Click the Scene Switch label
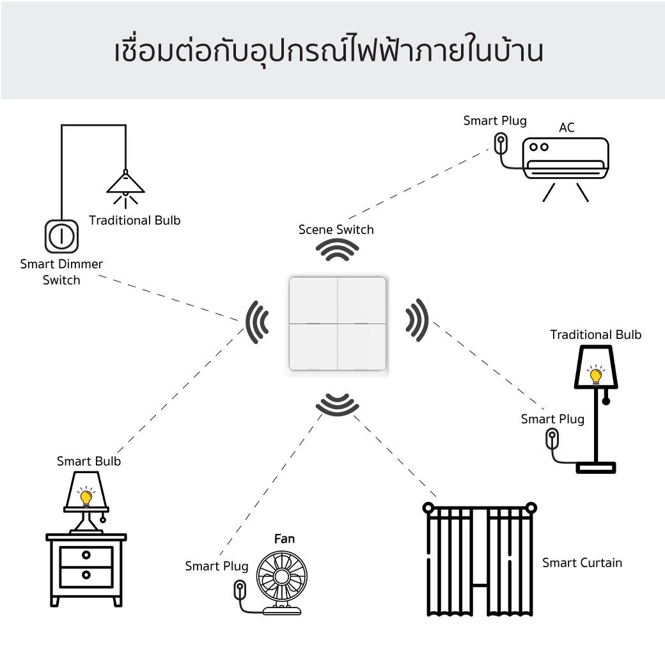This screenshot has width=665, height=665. coord(336,230)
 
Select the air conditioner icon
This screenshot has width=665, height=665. coord(565,159)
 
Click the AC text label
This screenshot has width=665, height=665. coord(567,128)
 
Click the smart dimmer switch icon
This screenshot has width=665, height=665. coord(61,237)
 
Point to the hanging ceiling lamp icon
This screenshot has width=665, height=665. coord(125,184)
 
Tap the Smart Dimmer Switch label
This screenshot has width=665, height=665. coord(61,272)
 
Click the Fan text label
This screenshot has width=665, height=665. coord(285,539)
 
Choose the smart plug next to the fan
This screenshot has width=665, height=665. coord(239,589)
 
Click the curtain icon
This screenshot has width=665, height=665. coord(479,559)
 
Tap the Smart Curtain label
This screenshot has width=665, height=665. coord(582,563)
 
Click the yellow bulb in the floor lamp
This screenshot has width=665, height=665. coord(596,376)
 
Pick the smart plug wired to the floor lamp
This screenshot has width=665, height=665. coord(552,439)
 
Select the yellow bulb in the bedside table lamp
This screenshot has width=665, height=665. coord(86,497)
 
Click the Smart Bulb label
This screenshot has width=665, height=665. coord(89,461)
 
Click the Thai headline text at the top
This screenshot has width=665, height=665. coord(329,52)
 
